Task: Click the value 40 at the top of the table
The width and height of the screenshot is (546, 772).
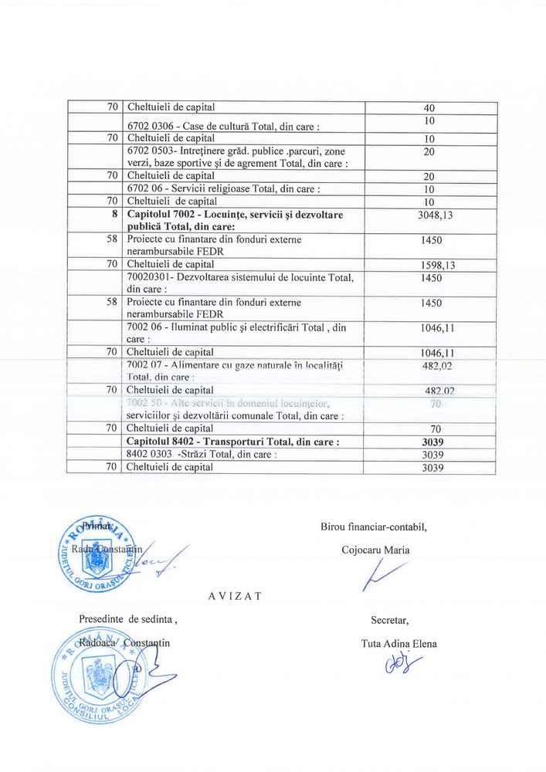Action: click(x=430, y=107)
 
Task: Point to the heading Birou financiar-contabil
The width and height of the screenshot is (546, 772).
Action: click(x=373, y=527)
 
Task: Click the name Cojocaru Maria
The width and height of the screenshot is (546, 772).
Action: click(x=375, y=550)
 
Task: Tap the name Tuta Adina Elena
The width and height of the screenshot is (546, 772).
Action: click(x=398, y=643)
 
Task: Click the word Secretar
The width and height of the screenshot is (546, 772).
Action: click(x=389, y=619)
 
